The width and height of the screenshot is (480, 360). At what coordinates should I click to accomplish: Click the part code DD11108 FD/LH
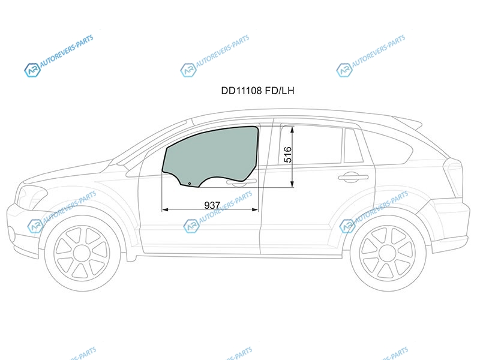(x=257, y=91)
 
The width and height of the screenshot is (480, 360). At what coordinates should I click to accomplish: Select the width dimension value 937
(x=212, y=205)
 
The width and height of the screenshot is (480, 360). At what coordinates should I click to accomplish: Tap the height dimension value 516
(x=288, y=155)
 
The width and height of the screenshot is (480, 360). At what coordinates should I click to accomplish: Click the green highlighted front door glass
(x=211, y=155)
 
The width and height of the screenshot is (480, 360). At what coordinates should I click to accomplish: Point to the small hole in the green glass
(x=190, y=184)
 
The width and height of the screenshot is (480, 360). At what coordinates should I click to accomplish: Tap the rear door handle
(x=353, y=177)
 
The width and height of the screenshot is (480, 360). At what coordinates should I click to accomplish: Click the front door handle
(x=241, y=183)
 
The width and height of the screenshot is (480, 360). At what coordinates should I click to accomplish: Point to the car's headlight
(x=32, y=196)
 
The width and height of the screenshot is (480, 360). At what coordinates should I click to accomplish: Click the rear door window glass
(x=310, y=145)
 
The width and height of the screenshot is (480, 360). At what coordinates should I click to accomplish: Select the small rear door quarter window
(x=353, y=146)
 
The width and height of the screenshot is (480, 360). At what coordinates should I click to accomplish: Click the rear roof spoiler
(x=407, y=122)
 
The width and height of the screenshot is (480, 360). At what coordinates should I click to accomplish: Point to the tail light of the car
(x=452, y=178)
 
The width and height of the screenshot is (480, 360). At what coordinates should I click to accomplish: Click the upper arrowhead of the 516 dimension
(x=292, y=129)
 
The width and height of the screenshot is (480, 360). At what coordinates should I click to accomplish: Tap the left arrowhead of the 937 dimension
(x=165, y=209)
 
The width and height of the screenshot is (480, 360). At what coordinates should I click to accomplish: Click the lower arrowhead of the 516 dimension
(x=292, y=184)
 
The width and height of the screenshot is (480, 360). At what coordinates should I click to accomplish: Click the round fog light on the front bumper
(x=11, y=234)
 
